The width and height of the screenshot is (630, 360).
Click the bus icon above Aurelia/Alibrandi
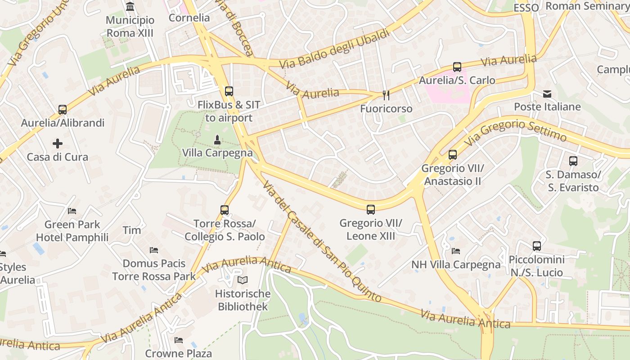point(63,110)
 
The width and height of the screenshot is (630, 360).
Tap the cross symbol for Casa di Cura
point(58,144)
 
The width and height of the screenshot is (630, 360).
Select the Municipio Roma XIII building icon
point(130,7)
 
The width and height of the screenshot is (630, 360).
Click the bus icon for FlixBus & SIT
point(229,91)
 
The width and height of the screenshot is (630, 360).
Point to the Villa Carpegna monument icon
point(217,139)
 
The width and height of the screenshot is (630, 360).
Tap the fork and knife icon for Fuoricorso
point(386,95)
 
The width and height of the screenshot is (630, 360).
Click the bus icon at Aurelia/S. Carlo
point(457,67)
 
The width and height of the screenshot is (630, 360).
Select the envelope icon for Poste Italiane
point(547,94)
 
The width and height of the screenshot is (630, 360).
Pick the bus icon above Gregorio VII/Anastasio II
point(453,155)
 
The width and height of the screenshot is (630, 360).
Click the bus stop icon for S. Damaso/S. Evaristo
point(573,161)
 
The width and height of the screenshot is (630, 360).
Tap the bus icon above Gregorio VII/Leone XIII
point(371,210)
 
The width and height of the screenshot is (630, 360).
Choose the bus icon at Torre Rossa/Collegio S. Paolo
point(225,210)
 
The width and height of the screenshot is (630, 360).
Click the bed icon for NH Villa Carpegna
point(456,251)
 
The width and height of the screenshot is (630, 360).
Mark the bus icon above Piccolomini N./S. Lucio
point(536,246)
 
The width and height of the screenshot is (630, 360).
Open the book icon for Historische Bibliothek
point(243,280)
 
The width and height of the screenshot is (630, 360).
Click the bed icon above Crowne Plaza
point(179,340)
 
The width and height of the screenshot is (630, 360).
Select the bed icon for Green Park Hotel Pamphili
point(72,211)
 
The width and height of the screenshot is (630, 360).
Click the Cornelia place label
point(189,18)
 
